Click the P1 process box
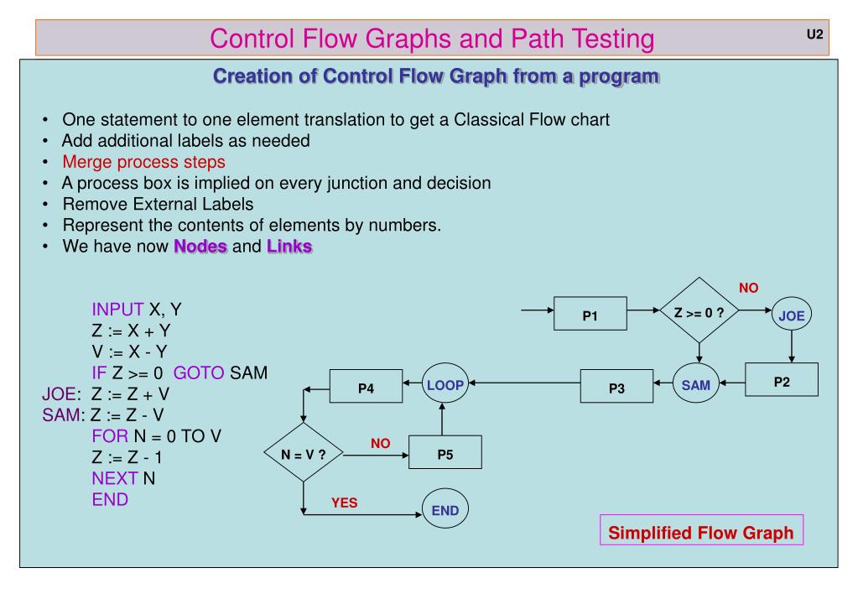click(590, 317)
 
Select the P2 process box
click(782, 381)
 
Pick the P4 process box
click(367, 388)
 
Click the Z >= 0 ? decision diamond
click(699, 310)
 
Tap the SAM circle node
click(695, 386)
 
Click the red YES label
click(345, 503)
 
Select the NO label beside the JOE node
click(748, 288)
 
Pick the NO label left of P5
click(381, 442)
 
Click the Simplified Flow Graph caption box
click(701, 533)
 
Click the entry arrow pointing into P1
click(538, 310)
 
